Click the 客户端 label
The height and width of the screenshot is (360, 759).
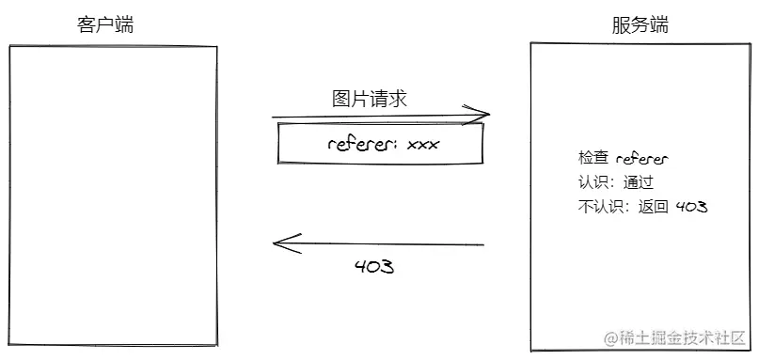pos(104,24)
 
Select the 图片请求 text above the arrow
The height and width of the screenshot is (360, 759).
pos(370,99)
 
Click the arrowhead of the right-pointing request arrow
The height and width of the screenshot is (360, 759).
pos(483,116)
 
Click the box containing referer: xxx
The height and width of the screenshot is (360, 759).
pos(379,144)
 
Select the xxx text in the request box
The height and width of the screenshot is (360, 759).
pos(422,145)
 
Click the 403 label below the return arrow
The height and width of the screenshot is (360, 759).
pos(373,266)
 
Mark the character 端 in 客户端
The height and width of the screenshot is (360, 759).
pos(123,24)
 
